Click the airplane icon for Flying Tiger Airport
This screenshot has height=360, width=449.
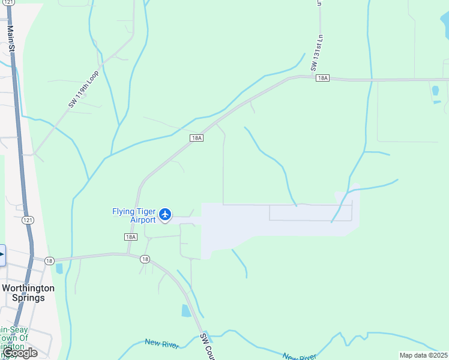tap(166, 214)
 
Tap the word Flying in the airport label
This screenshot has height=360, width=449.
tap(124, 211)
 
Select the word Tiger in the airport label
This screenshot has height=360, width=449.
tap(147, 211)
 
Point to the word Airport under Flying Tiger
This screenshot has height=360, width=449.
tap(143, 220)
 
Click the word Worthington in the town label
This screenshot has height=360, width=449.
tap(28, 288)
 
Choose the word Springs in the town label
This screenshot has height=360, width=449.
tap(28, 298)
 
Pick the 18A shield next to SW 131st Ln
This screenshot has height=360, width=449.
tap(322, 78)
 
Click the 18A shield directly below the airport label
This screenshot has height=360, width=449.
tap(131, 237)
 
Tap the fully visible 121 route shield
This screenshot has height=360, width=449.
tap(28, 221)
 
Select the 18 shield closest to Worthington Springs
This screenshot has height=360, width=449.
tap(49, 260)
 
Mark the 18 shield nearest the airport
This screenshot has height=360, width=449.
tap(145, 259)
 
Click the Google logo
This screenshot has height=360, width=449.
tap(19, 353)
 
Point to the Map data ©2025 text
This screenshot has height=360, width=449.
tap(424, 355)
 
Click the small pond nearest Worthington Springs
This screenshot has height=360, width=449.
tap(59, 268)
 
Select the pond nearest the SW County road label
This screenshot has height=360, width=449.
tap(186, 311)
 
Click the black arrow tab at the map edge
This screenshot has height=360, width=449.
tap(2, 254)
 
